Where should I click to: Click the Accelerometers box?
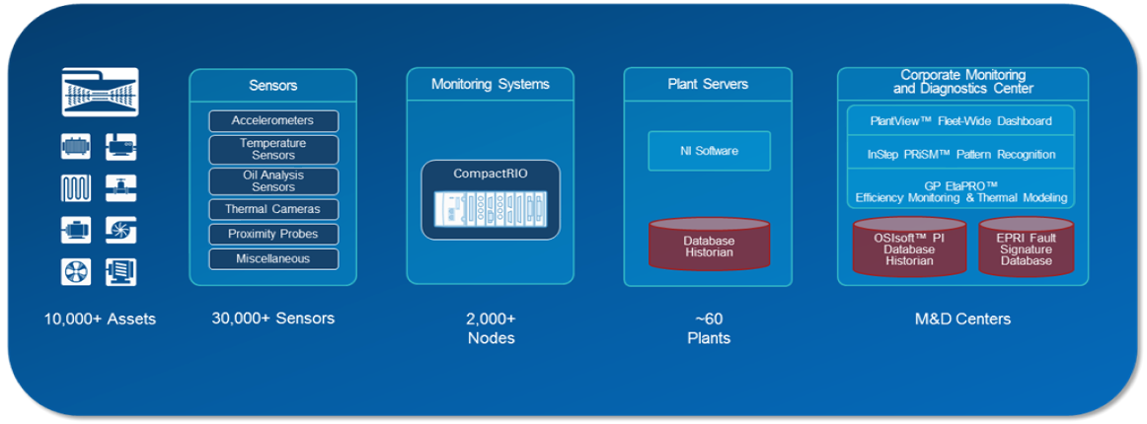273,121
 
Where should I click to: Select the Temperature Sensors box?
273,149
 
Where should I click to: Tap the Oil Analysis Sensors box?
273,180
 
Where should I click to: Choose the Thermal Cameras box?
273,209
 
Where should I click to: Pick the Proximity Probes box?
273,235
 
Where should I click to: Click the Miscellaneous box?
273,259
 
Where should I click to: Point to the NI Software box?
708,151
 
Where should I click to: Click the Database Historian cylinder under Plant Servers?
708,246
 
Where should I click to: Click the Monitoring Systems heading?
491,85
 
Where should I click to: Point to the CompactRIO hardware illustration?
491,210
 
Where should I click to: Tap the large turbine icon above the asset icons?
100,93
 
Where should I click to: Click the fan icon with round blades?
76,272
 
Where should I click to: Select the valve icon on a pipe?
121,188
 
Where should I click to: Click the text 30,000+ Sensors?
273,318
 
